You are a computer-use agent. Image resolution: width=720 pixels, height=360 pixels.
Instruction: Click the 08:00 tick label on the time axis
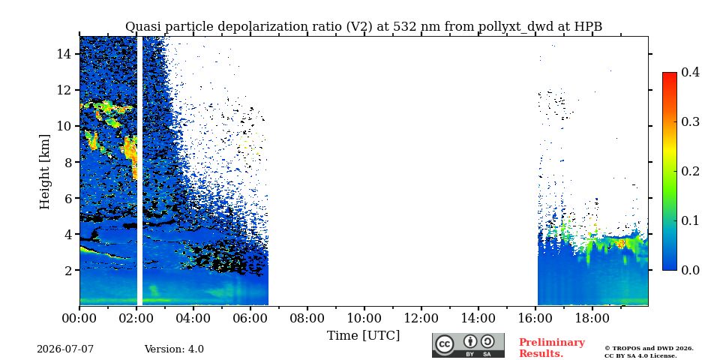click(307, 318)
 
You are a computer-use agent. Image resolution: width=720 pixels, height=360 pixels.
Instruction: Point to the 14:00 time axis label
click(478, 318)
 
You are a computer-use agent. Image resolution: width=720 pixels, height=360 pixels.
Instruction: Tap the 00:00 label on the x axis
click(79, 318)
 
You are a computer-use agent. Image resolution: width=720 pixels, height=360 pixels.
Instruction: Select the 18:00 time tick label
click(592, 318)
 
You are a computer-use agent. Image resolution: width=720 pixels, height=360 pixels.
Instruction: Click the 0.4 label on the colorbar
click(690, 72)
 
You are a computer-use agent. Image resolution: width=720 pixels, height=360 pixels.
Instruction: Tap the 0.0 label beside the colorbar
click(690, 270)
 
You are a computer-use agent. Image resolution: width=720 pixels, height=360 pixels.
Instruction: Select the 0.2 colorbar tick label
click(690, 171)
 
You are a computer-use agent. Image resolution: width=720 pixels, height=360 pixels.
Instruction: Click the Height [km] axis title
click(44, 172)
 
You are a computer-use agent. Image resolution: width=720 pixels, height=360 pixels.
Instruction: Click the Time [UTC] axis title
click(363, 336)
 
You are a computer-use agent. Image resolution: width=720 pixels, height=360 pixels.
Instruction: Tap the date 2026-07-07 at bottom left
click(65, 349)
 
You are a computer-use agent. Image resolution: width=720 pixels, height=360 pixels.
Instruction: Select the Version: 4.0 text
click(174, 349)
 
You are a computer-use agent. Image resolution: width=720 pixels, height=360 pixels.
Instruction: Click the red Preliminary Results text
click(552, 348)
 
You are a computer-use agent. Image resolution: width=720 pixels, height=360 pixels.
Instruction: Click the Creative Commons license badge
click(468, 345)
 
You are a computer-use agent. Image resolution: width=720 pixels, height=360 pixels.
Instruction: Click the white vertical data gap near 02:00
click(139, 171)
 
